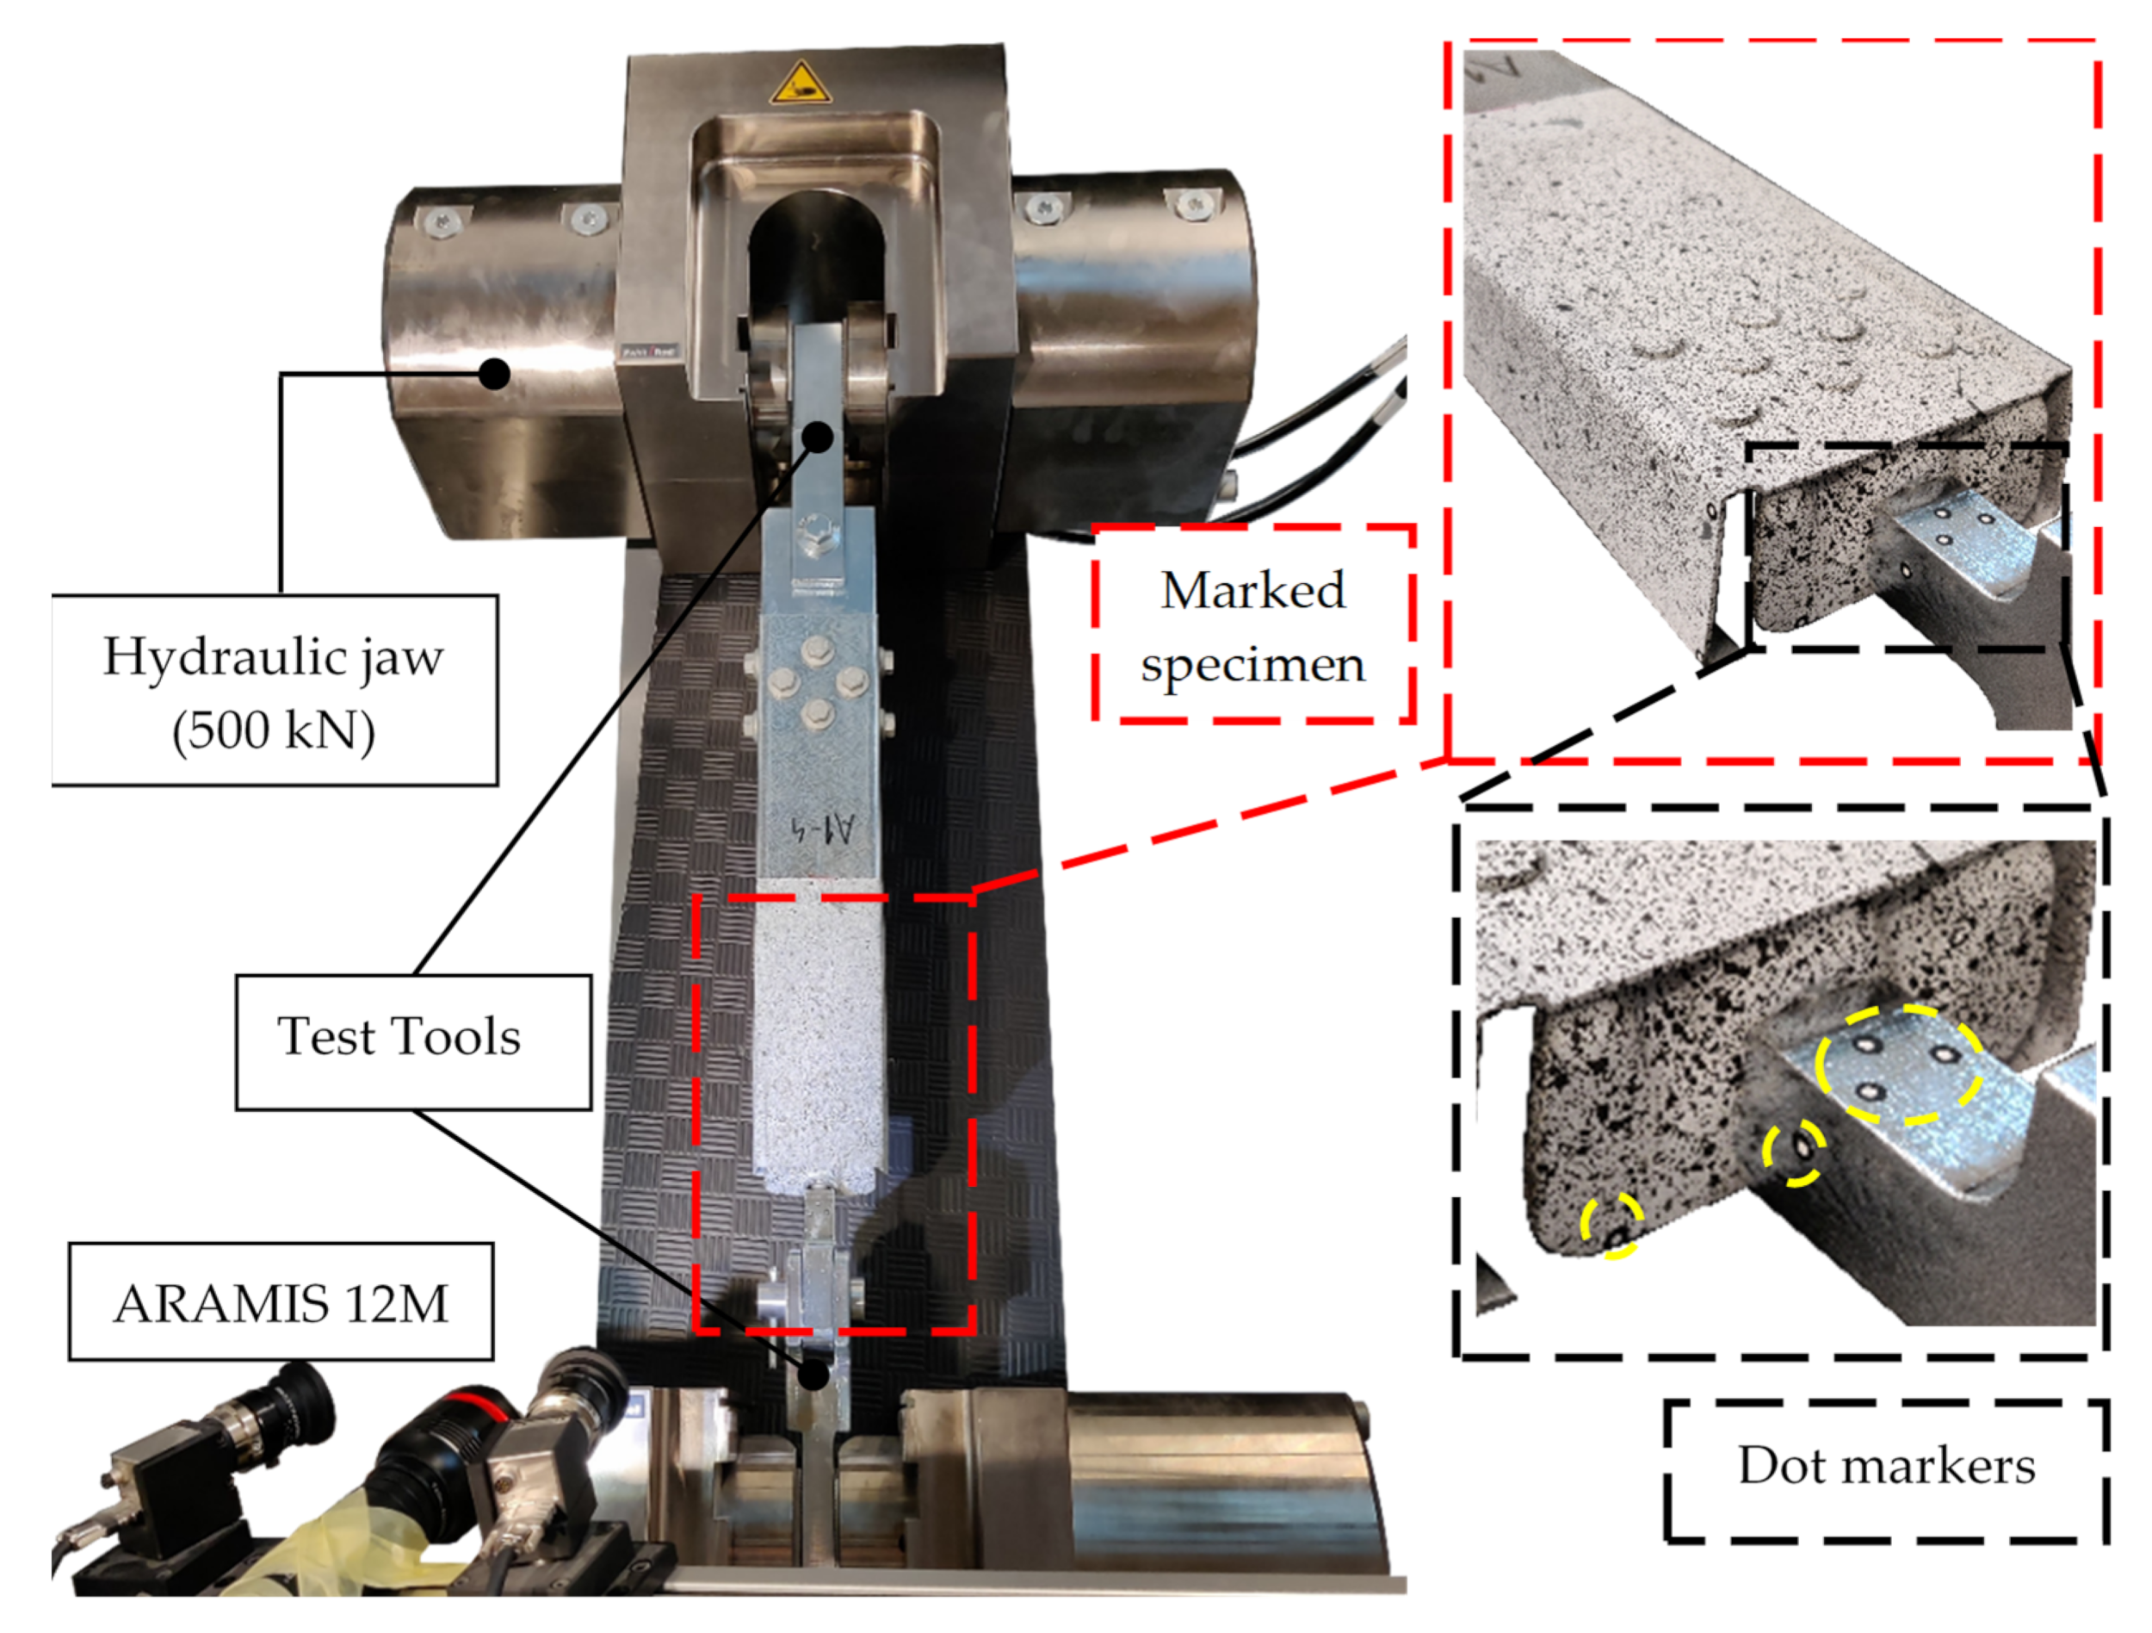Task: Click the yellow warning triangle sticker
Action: click(800, 84)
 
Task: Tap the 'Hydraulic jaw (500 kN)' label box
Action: click(275, 690)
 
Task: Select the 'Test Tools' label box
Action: click(413, 1042)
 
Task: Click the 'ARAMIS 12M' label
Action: click(281, 1302)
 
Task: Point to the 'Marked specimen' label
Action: click(1254, 624)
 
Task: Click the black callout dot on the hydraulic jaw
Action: click(495, 374)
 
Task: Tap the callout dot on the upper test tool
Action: click(819, 437)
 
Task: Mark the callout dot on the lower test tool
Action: click(814, 1375)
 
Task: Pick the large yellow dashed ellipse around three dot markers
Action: click(1898, 1065)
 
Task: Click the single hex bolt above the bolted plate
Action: click(813, 533)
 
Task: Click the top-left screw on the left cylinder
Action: click(439, 222)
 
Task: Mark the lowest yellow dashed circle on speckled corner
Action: click(1612, 1226)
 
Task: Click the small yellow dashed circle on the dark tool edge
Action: click(1794, 1153)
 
